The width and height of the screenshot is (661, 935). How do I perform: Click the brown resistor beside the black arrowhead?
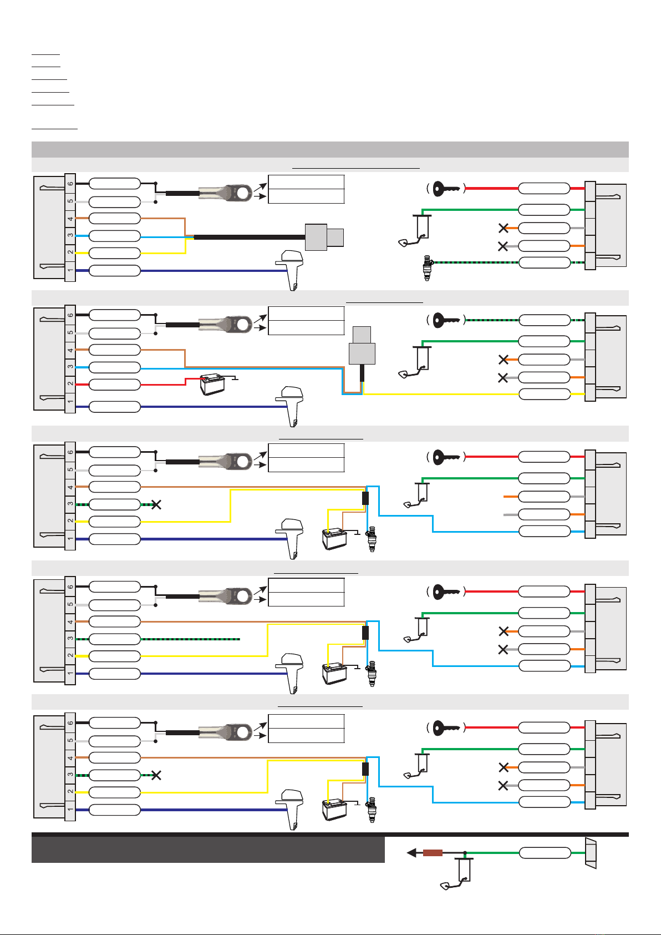point(433,853)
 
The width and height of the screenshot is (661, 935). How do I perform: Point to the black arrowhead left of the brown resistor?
point(411,853)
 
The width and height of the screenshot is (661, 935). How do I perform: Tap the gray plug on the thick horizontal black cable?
point(324,237)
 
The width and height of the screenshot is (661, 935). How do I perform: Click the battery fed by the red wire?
point(212,385)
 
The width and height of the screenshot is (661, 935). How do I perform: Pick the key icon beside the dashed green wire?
point(447,320)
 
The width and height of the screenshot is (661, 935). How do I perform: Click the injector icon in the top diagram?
point(426,267)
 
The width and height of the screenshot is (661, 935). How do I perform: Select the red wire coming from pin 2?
point(163,385)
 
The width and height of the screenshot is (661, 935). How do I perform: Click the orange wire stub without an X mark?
point(511,496)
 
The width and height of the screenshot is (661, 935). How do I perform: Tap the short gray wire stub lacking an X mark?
point(511,514)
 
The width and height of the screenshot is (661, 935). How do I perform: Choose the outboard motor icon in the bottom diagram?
point(291,807)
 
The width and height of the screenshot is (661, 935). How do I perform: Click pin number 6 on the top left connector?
point(70,183)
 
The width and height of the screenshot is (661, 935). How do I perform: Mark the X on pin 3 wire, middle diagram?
point(156,504)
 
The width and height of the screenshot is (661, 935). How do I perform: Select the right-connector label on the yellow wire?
point(544,395)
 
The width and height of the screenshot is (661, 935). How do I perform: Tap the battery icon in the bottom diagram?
point(334,809)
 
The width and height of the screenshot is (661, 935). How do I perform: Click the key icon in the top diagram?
point(447,188)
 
